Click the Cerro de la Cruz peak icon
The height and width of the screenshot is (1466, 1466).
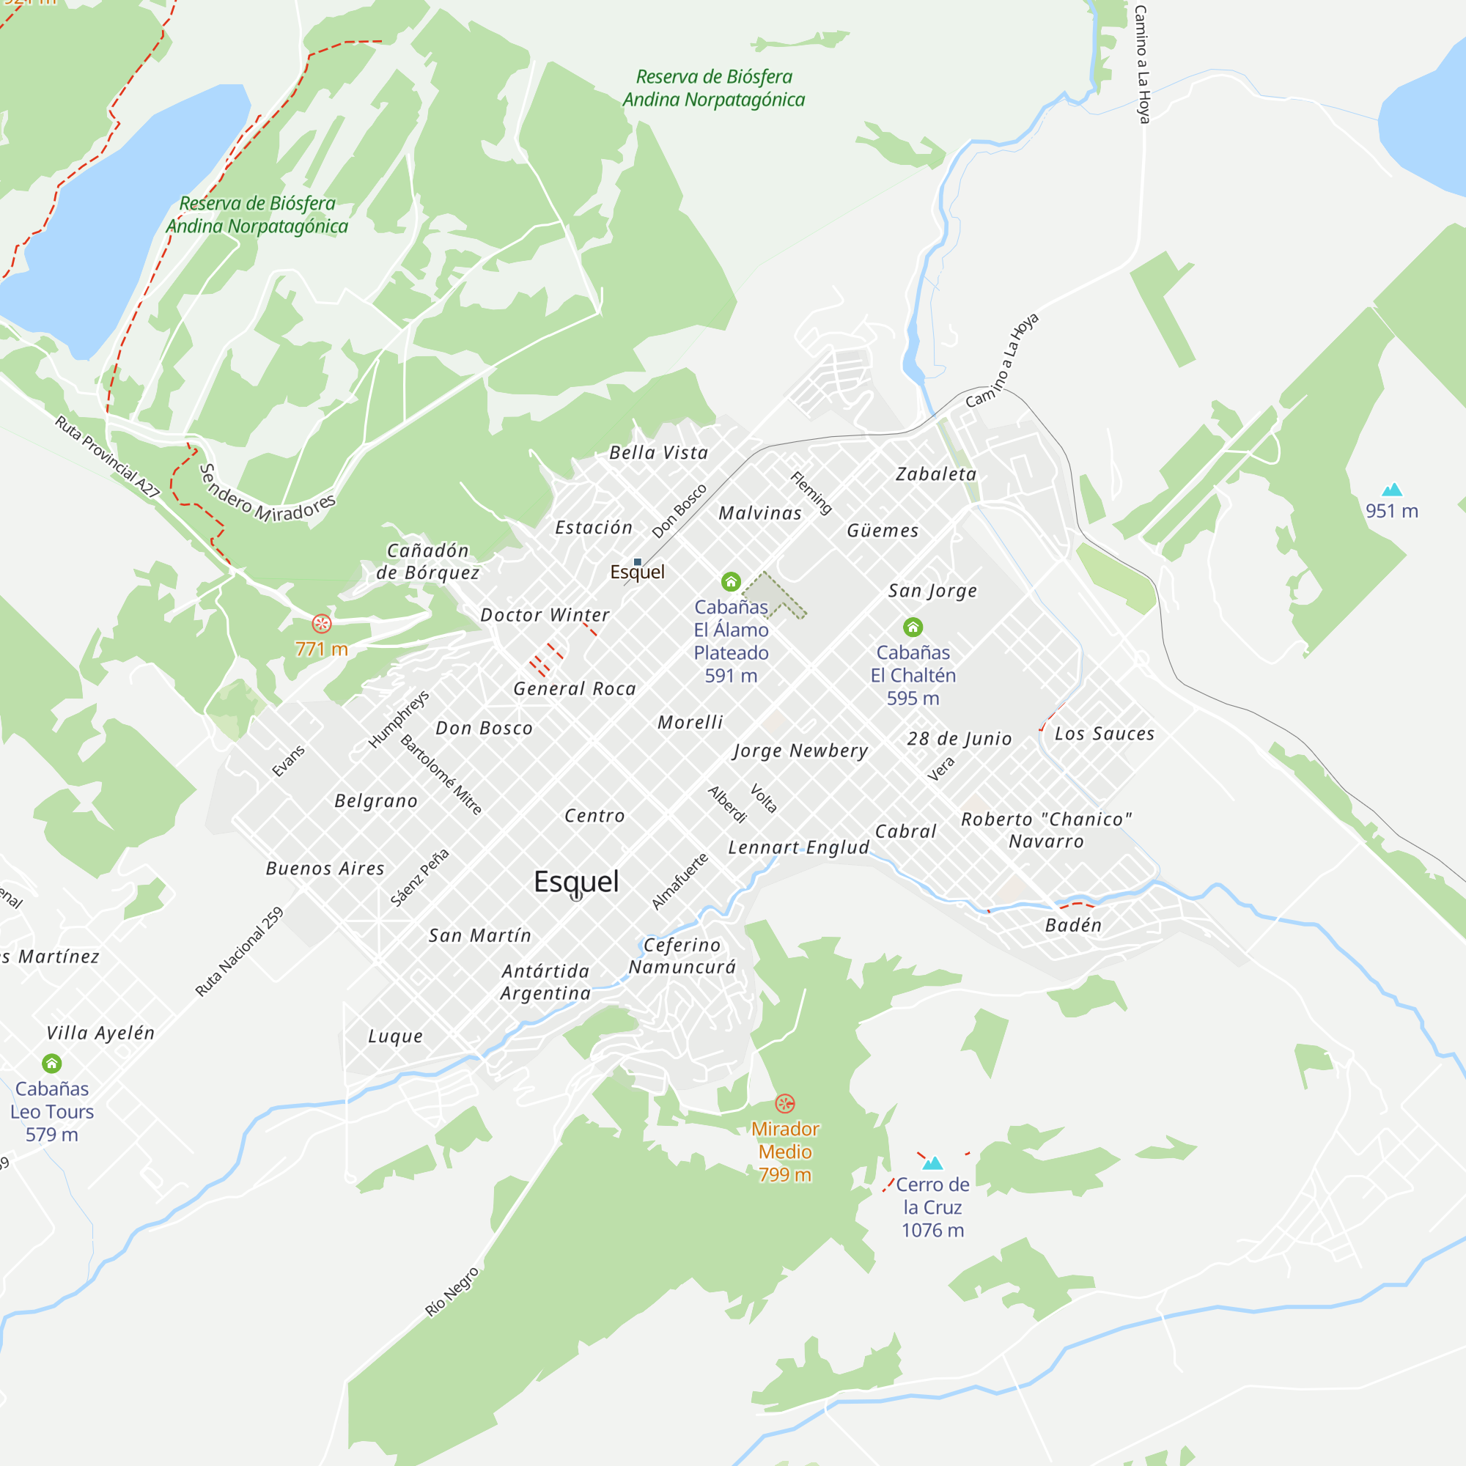tap(932, 1163)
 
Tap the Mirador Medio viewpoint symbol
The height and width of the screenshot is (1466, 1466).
tap(784, 1103)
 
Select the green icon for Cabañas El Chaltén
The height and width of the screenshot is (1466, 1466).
tap(913, 627)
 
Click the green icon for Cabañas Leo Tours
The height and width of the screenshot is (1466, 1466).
tap(51, 1063)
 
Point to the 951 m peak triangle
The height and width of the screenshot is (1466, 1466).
tap(1392, 490)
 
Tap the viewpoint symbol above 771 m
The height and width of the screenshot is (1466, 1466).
tap(322, 624)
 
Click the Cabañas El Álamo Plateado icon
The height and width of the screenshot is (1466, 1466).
tap(731, 582)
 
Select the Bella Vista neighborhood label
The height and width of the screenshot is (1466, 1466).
tap(659, 453)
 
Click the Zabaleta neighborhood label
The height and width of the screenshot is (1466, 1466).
tap(935, 474)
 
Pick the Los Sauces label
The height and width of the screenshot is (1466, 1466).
tap(1104, 734)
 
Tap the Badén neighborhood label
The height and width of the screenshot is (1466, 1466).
tap(1073, 925)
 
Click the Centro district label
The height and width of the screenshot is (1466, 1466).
tap(594, 816)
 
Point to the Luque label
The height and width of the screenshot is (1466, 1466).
tap(395, 1036)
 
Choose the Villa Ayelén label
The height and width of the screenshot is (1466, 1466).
tap(100, 1033)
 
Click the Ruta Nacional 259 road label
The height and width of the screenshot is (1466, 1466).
tap(239, 951)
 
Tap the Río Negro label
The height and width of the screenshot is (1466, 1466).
tap(452, 1291)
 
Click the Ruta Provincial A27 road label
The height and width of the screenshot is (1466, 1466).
tap(107, 457)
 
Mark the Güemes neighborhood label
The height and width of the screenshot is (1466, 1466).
tap(883, 531)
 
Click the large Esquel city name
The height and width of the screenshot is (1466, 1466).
tap(577, 881)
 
